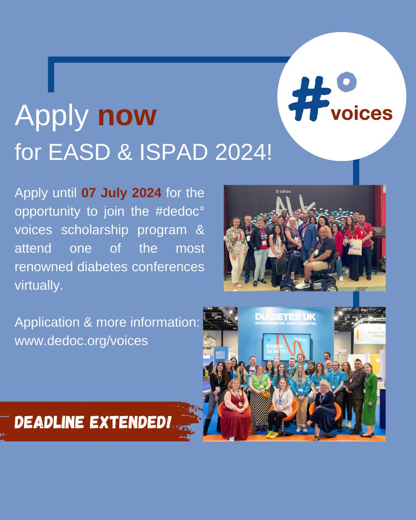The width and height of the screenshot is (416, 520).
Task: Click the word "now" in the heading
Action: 127,116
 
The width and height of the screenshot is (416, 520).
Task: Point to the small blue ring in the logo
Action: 346,82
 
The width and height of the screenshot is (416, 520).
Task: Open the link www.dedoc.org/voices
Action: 81,341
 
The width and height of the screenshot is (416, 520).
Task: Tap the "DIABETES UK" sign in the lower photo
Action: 285,318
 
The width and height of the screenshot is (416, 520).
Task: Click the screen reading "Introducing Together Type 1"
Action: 286,347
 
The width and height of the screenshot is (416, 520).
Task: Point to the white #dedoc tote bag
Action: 354,246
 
